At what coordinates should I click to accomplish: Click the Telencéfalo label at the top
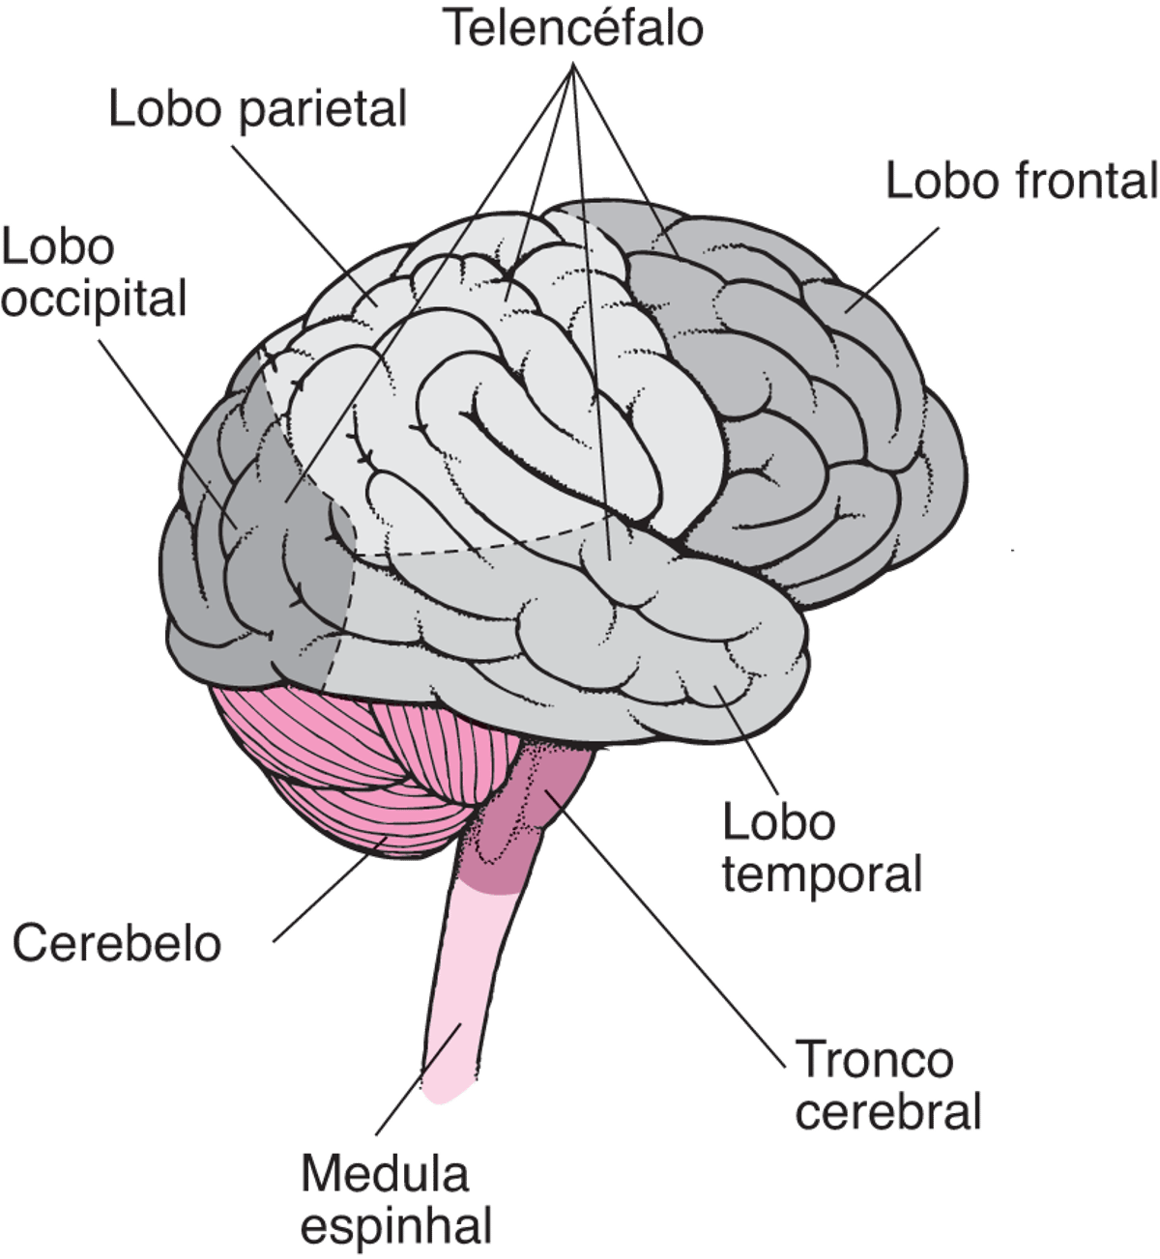(x=574, y=29)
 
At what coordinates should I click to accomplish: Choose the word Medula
(x=386, y=1175)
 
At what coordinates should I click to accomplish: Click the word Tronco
(x=874, y=1061)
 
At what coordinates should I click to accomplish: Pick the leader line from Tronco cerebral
(x=677, y=937)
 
